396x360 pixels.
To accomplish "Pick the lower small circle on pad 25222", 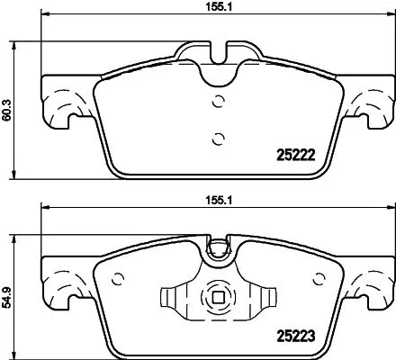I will coord(215,138).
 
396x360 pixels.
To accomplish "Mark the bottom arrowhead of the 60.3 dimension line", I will coord(20,175).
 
